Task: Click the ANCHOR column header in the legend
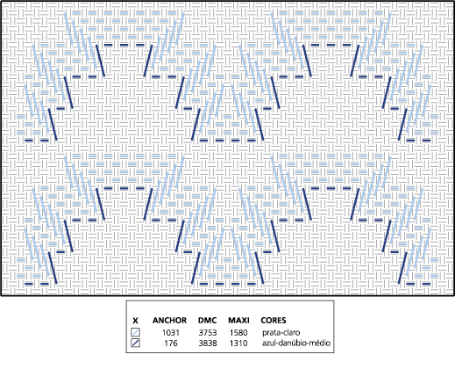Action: click(169, 321)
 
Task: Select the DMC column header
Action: click(208, 321)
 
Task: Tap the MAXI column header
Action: click(238, 321)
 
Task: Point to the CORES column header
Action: click(274, 321)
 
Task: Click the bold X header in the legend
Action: click(135, 321)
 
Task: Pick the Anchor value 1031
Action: click(171, 333)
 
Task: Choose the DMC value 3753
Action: click(208, 333)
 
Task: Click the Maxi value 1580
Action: click(238, 333)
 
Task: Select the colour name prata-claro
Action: click(281, 333)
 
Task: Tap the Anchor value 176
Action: click(171, 343)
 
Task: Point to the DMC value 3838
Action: click(208, 343)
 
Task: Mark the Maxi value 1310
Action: click(238, 343)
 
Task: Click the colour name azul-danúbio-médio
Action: click(296, 343)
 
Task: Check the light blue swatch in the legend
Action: click(135, 332)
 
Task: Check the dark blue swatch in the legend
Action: click(135, 343)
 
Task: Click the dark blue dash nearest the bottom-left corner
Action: click(29, 284)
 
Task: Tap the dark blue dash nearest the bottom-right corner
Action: click(426, 284)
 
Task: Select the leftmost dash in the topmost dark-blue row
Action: click(108, 45)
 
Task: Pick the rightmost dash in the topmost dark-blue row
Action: click(346, 45)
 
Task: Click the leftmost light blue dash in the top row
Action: click(76, 13)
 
